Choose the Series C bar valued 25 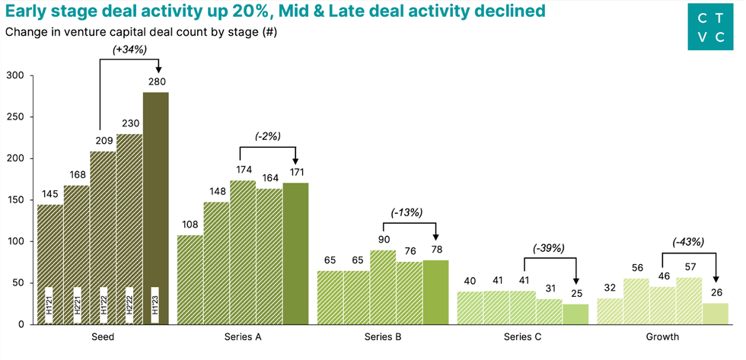click(575, 314)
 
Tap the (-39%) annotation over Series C click(547, 248)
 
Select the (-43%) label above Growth click(688, 242)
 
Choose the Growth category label click(663, 336)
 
